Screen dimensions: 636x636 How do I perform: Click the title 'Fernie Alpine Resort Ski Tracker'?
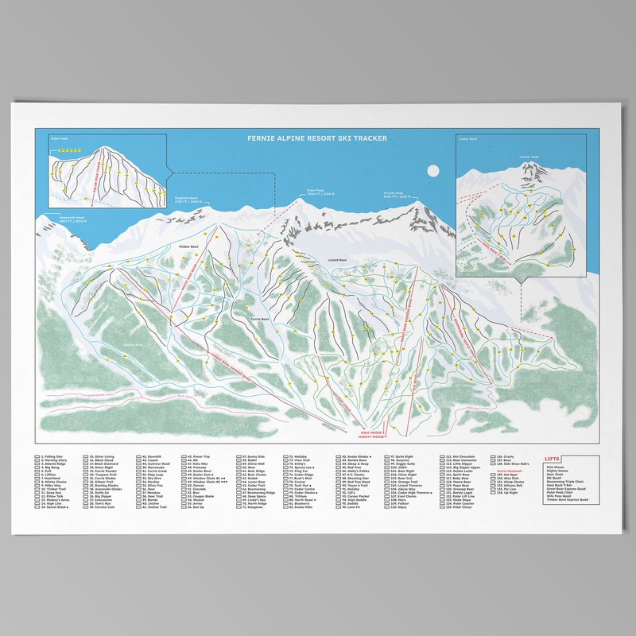click(x=317, y=138)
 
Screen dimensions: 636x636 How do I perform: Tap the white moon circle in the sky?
click(x=433, y=169)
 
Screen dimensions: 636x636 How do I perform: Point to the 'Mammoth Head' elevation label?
click(x=61, y=219)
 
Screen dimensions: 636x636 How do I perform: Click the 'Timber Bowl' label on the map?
click(x=188, y=247)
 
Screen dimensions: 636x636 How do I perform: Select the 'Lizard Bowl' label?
click(x=337, y=260)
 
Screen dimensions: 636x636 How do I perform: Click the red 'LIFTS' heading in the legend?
click(x=553, y=460)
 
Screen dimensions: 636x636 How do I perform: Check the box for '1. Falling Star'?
click(x=37, y=457)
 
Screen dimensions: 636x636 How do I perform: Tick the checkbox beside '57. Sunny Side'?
click(x=238, y=457)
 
